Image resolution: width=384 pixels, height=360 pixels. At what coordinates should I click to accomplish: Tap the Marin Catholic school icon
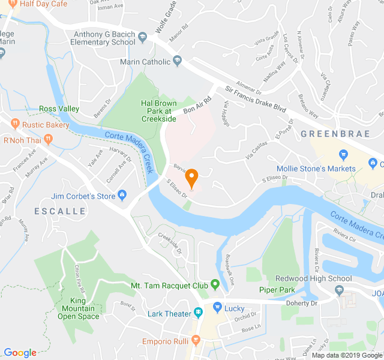[177, 61]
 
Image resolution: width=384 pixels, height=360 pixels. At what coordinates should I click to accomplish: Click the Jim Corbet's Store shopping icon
[122, 195]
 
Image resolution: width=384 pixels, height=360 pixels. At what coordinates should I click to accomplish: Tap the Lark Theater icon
[198, 313]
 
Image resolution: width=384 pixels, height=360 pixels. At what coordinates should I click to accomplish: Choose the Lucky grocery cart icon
[217, 308]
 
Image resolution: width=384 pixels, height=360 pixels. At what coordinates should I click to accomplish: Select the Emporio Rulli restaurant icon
[196, 341]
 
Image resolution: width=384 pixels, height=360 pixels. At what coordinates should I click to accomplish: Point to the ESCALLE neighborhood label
[59, 211]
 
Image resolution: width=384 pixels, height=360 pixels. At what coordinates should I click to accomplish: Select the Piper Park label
[277, 290]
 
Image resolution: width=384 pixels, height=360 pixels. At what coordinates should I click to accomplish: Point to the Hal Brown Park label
[158, 111]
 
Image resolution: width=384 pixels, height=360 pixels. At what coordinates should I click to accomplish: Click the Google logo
[20, 353]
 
